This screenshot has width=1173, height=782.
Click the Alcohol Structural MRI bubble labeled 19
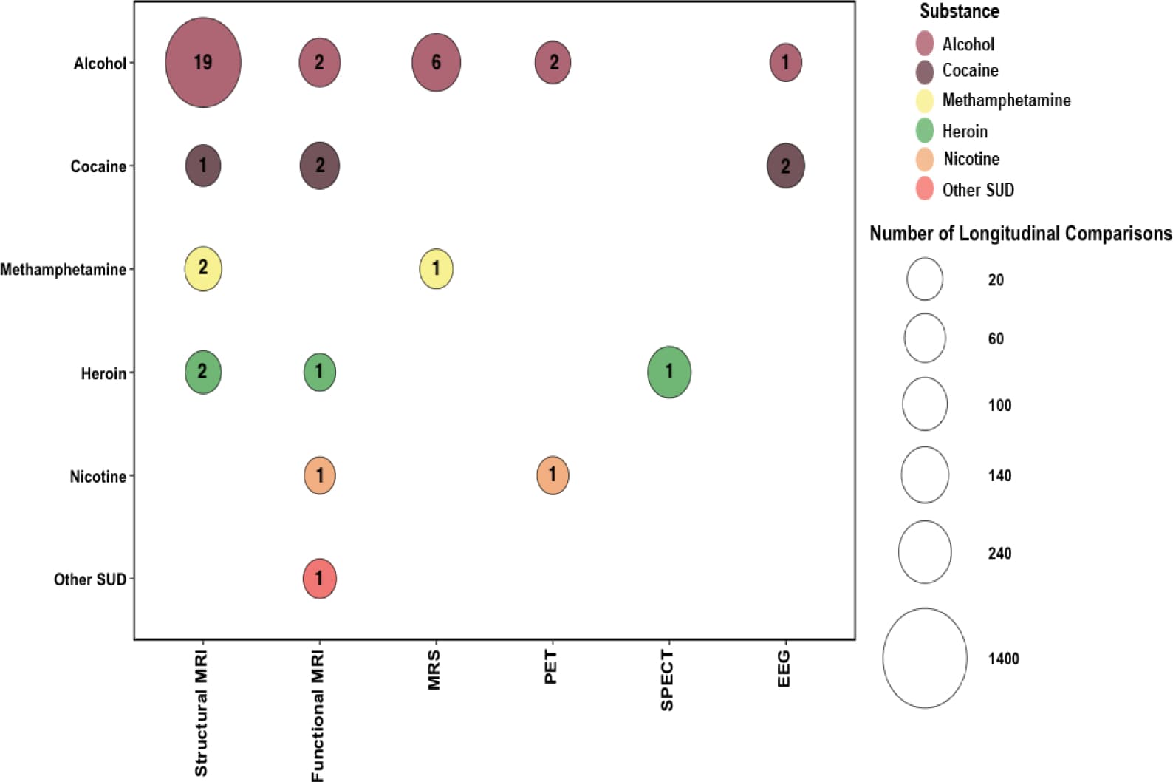[203, 63]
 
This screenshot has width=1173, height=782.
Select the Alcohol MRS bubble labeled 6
[436, 63]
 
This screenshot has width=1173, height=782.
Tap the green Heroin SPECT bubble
[669, 372]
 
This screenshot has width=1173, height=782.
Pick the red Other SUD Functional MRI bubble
[320, 578]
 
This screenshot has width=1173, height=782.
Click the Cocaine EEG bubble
[785, 166]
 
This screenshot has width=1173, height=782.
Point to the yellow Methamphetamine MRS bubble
[436, 268]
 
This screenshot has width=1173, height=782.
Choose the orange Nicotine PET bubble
[553, 475]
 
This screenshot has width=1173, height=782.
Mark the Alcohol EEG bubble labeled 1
[785, 63]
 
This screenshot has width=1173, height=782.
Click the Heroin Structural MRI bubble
[203, 372]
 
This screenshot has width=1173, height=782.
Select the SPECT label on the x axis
[667, 680]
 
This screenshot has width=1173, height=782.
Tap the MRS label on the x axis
[434, 670]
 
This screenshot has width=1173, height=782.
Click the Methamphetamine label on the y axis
[64, 270]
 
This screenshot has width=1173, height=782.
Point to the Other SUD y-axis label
[90, 579]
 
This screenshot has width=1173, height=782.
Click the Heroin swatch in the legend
[925, 131]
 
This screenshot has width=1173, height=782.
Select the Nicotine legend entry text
[971, 159]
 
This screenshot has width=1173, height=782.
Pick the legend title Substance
[959, 11]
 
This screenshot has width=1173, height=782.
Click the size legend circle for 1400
[925, 658]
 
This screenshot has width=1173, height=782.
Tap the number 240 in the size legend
[999, 554]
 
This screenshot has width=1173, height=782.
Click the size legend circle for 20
[925, 279]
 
